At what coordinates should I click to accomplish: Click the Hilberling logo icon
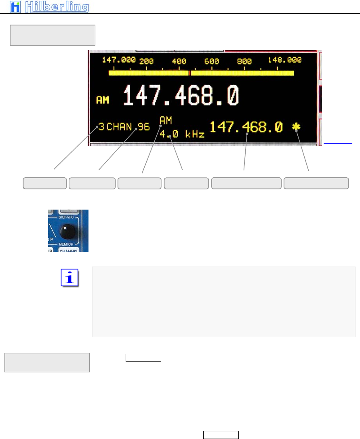[15, 7]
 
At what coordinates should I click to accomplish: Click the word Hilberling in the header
[57, 7]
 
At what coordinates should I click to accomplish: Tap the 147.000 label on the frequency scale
[118, 60]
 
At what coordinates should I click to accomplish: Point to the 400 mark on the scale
[179, 61]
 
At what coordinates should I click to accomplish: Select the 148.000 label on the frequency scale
[285, 60]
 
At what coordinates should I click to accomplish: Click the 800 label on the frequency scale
[244, 61]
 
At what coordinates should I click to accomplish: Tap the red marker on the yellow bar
[190, 74]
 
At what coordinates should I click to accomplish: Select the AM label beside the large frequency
[103, 99]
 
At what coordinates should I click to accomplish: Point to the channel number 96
[143, 127]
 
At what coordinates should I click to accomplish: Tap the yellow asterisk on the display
[297, 127]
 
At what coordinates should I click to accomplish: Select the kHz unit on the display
[194, 134]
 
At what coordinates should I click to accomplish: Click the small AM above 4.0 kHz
[166, 120]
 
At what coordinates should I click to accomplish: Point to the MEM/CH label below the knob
[68, 244]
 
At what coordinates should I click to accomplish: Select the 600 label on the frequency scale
[211, 61]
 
